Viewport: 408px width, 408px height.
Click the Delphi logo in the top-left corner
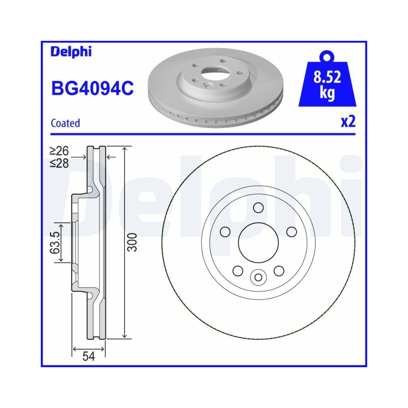click(71, 52)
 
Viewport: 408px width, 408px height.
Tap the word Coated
click(65, 123)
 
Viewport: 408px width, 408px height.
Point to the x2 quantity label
click(348, 122)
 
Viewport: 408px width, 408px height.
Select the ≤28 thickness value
click(59, 163)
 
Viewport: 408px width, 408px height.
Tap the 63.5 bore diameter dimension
click(55, 243)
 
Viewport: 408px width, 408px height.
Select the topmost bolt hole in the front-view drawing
click(257, 208)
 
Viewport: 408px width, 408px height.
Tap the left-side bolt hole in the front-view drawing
click(224, 232)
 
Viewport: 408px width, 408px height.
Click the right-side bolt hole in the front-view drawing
click(291, 232)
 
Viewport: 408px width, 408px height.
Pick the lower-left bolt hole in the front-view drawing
click(237, 271)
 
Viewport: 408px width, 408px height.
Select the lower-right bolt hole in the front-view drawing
click(278, 271)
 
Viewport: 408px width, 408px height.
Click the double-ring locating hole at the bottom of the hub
click(257, 277)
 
